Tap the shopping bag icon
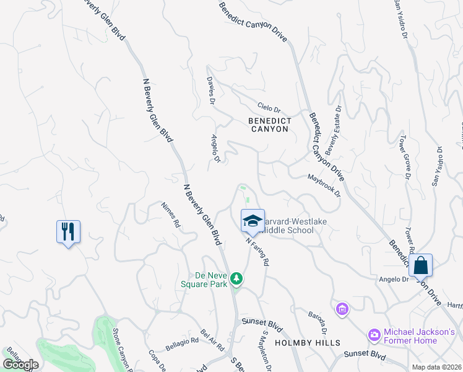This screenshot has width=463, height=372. (x=420, y=265)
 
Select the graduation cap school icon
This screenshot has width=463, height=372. (x=253, y=221)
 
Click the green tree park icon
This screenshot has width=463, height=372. (x=235, y=279)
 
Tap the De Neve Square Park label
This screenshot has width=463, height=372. (x=204, y=280)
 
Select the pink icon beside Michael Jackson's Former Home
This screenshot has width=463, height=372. (x=374, y=335)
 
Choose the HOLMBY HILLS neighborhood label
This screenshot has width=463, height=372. (x=307, y=343)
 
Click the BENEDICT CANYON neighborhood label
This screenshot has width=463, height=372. (x=269, y=125)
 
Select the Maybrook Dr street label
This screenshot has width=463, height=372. (x=324, y=185)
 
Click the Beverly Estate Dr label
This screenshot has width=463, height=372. (x=333, y=130)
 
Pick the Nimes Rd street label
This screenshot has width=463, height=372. (x=170, y=214)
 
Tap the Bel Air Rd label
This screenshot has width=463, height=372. (x=212, y=336)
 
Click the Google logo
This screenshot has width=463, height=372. (x=21, y=364)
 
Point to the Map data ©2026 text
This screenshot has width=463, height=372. (x=436, y=367)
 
